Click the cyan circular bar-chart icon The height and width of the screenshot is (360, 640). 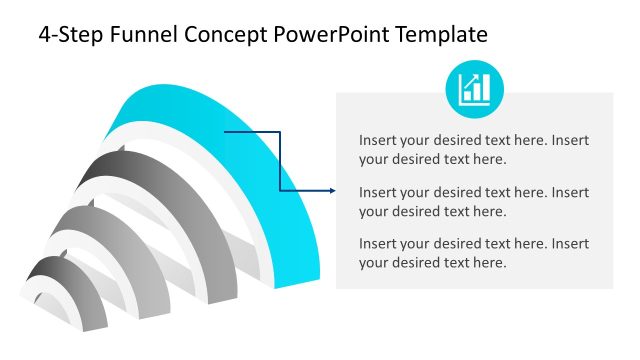pos(474,89)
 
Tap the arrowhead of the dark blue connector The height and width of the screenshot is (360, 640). pos(330,191)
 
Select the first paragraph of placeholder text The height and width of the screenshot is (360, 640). pos(474,149)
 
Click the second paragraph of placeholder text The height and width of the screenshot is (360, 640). pos(474,201)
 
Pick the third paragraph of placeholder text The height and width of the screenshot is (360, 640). pos(474,253)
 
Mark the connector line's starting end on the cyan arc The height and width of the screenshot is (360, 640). pos(226,131)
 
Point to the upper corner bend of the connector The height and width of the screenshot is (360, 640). pos(280,131)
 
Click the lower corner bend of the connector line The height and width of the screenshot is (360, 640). pos(280,191)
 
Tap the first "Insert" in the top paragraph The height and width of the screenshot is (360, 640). pos(378,140)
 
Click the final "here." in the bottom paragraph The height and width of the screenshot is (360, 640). pos(489,263)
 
